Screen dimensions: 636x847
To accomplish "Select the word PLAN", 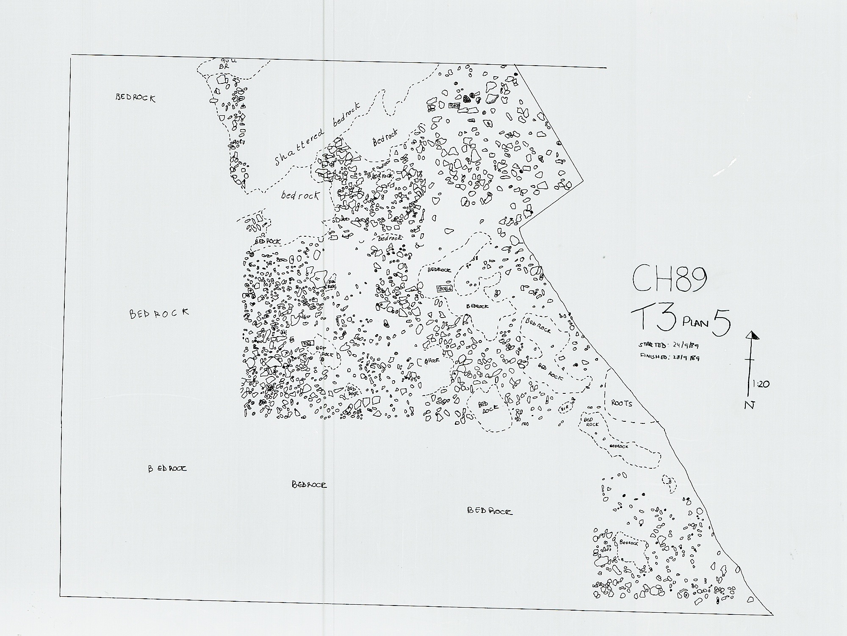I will click(x=695, y=324).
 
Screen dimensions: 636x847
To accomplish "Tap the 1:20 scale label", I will click(x=761, y=384).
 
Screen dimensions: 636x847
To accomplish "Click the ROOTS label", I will click(x=622, y=404).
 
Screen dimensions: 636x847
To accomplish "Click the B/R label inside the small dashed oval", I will click(x=564, y=409).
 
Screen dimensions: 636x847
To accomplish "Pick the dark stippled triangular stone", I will click(x=467, y=99).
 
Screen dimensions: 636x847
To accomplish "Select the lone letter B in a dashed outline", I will click(x=670, y=481).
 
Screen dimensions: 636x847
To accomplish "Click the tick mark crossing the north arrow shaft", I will click(x=751, y=359).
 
